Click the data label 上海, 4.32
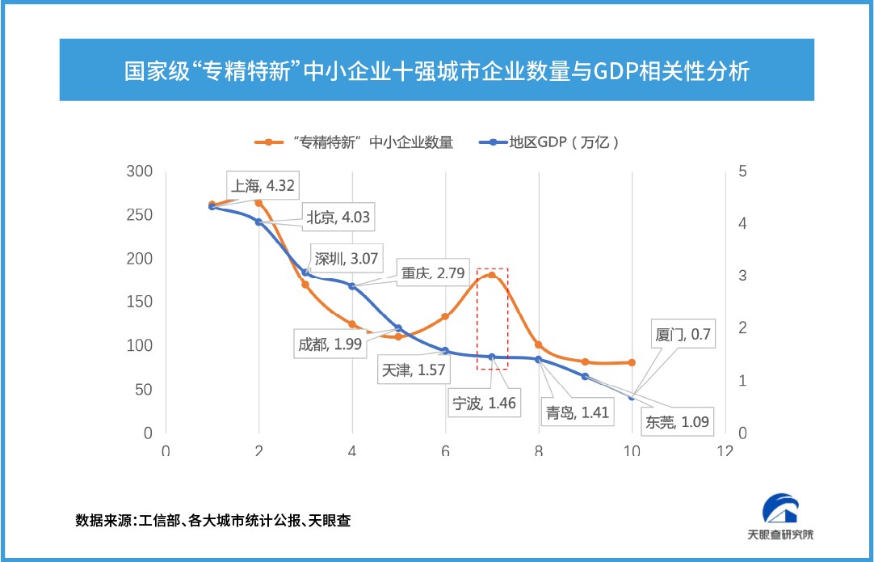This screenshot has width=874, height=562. coord(263,185)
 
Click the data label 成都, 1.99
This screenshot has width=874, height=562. coord(329,344)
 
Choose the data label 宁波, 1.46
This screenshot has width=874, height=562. coord(485,402)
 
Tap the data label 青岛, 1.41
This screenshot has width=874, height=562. coord(576,412)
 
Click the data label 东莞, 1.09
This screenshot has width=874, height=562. coord(677,421)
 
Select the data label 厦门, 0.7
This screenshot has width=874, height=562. coord(683,332)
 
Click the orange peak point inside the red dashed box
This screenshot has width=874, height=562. coord(491,275)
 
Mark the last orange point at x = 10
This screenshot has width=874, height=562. coord(632,362)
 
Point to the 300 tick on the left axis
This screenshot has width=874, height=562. coord(141,171)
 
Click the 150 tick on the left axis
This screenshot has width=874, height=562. coord(141,302)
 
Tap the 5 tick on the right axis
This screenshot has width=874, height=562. coord(742,171)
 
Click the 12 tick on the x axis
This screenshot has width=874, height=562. coord(725,450)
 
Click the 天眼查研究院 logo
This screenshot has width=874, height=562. coord(780,517)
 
